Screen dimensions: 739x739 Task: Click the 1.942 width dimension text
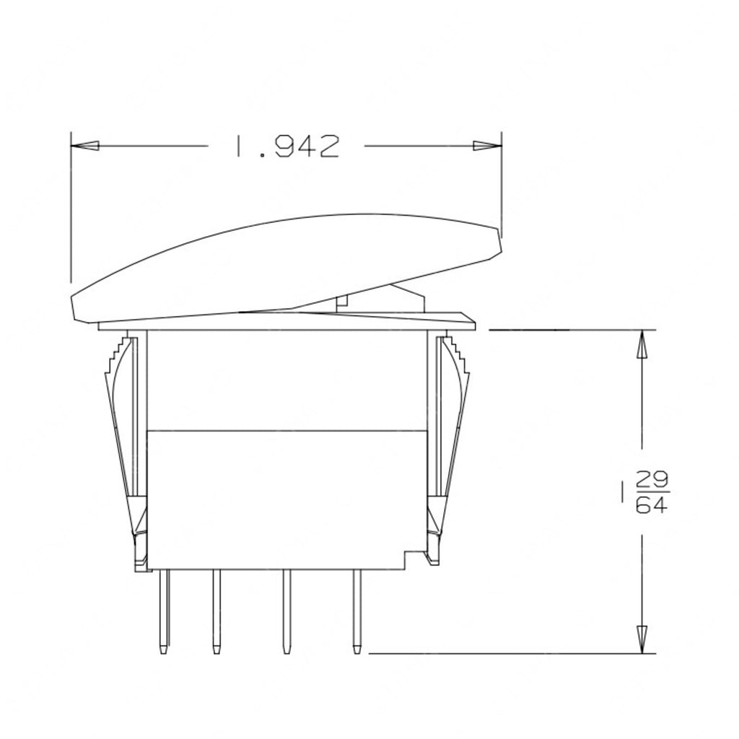pyautogui.click(x=286, y=147)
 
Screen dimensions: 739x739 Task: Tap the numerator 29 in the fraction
pyautogui.click(x=652, y=479)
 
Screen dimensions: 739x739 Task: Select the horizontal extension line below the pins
pyautogui.click(x=505, y=654)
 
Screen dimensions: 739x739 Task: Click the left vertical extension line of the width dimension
pyautogui.click(x=71, y=217)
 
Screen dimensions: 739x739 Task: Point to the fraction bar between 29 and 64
pyautogui.click(x=652, y=491)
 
